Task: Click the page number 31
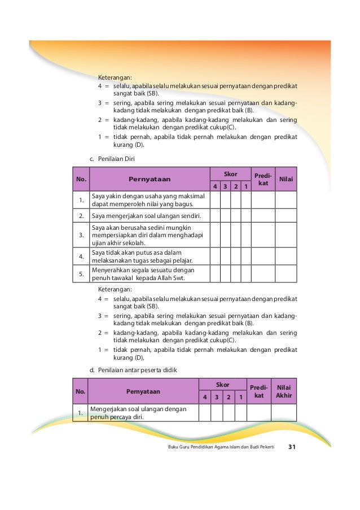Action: click(x=292, y=447)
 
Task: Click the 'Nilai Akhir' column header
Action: click(x=284, y=391)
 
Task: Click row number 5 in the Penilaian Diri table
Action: click(x=81, y=274)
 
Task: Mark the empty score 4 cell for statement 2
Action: click(x=214, y=216)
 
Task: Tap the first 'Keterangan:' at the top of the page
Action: click(x=115, y=77)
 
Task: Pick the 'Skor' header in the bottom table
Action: click(x=222, y=385)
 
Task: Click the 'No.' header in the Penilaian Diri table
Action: click(x=81, y=179)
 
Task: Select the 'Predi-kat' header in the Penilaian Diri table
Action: click(x=263, y=179)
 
